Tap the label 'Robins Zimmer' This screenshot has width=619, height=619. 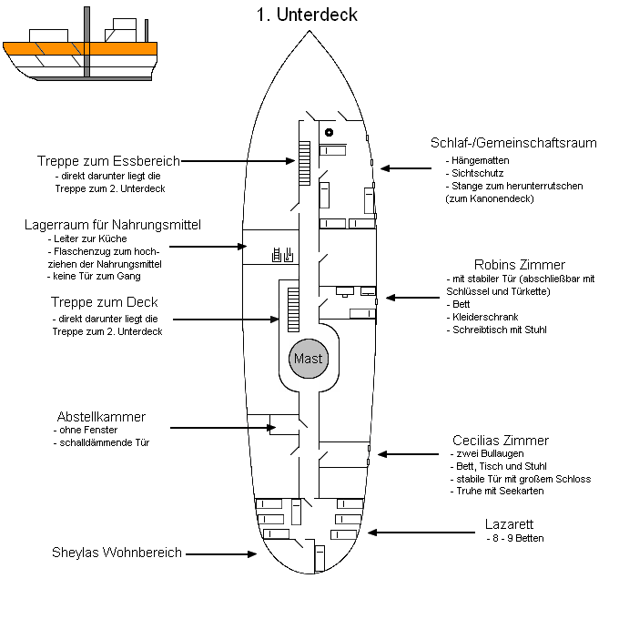[519, 265]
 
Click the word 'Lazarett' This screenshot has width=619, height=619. [510, 524]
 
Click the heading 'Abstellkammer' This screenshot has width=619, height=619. [101, 417]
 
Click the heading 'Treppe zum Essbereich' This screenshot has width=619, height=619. [108, 160]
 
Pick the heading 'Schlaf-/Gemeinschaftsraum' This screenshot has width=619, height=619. [513, 143]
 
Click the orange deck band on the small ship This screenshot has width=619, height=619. [80, 49]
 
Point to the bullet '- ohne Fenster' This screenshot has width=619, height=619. [88, 430]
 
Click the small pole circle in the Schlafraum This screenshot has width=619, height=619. [329, 133]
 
